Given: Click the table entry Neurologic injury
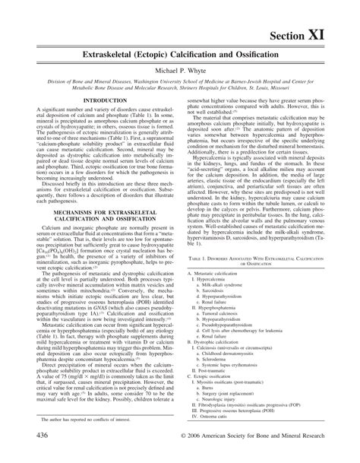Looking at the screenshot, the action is click(232, 437).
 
